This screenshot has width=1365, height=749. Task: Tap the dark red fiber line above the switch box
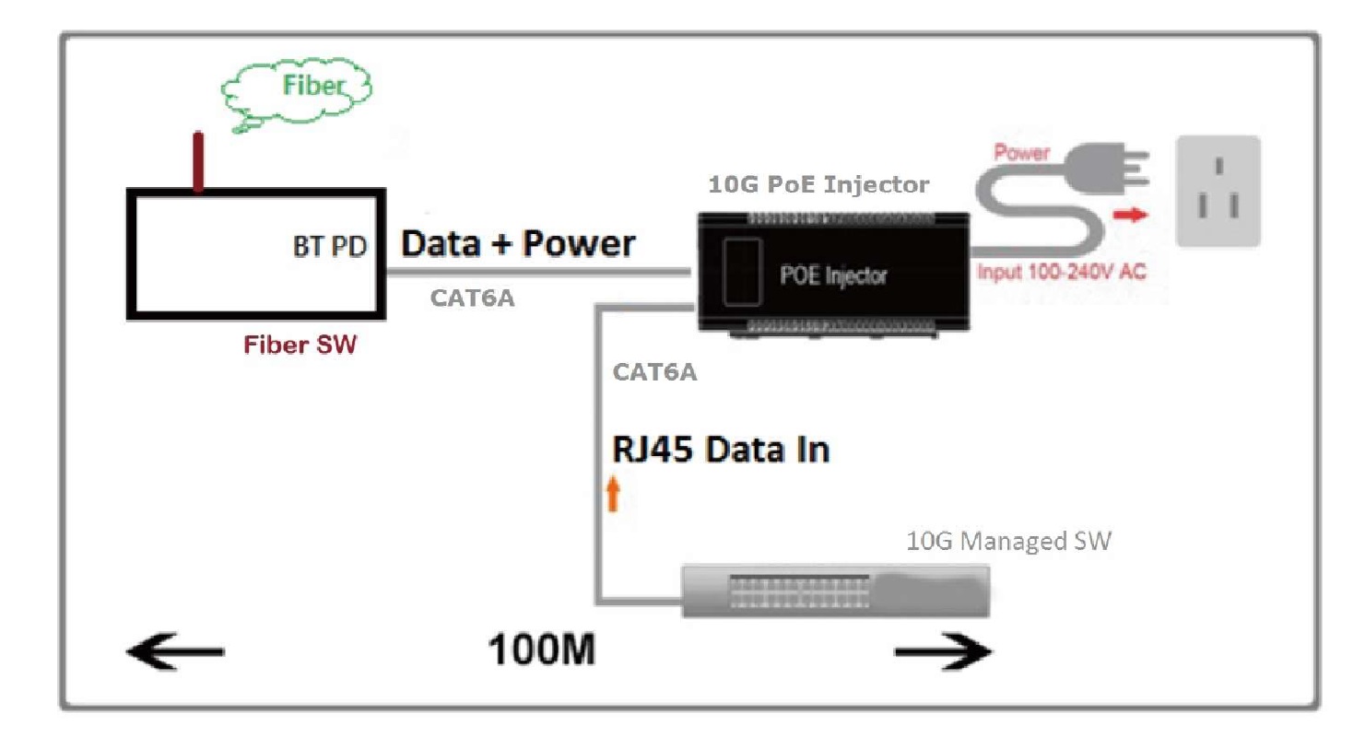[198, 161]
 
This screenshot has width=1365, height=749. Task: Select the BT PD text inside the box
[330, 247]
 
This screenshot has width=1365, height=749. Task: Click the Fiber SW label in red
[300, 345]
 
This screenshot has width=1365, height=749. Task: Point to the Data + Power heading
[518, 243]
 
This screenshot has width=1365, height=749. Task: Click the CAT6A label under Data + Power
[472, 298]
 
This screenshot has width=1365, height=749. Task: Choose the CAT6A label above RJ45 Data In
[654, 372]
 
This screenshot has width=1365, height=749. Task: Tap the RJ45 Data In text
[721, 450]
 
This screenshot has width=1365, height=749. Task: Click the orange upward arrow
[614, 494]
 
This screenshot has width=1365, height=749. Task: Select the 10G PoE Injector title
[818, 184]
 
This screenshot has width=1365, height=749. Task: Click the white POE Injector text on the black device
[833, 275]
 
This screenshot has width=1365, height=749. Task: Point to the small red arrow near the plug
[1130, 215]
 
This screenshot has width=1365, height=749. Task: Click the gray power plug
[1106, 168]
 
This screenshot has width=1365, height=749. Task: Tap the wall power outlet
[1218, 192]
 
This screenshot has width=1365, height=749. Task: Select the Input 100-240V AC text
[1062, 272]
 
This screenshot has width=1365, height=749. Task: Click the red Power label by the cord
[1021, 152]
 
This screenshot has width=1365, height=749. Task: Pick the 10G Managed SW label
[1008, 541]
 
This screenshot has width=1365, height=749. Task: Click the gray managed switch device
[835, 591]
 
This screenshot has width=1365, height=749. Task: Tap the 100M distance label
[541, 650]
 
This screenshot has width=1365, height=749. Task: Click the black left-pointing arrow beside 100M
[175, 651]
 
